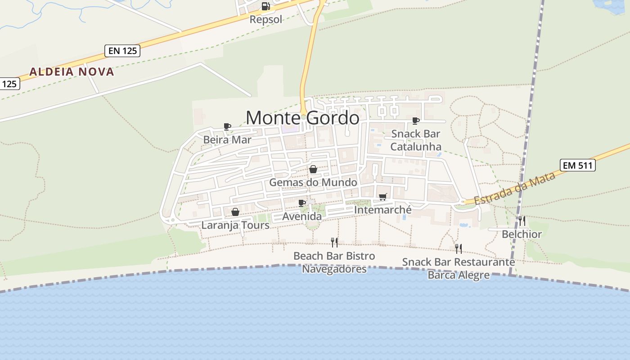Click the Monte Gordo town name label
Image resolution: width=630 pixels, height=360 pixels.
pos(302,118)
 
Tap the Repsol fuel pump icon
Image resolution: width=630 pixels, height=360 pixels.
pos(266,6)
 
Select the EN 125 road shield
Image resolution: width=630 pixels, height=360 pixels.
pos(122,51)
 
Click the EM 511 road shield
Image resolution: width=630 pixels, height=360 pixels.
pos(578,166)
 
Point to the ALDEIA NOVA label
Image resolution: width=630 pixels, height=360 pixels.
pos(72,72)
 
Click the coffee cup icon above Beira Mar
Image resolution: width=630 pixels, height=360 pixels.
pos(227,127)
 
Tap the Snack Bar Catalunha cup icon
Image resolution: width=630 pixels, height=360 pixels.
pos(416,121)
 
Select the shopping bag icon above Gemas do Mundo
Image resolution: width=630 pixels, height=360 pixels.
pos(313,169)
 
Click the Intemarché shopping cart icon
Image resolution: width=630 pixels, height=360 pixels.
pos(383,197)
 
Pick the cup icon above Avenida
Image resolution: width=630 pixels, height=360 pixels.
pos(302,203)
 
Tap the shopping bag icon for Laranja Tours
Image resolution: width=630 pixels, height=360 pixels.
pos(235,211)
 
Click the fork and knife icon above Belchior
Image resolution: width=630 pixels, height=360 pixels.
pos(522,221)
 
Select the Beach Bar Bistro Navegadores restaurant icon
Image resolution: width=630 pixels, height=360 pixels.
pos(334,243)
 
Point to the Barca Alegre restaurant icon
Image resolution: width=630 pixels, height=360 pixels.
pos(459,248)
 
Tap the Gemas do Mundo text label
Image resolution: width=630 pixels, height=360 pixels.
pos(313,182)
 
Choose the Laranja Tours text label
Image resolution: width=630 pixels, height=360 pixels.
pos(235,225)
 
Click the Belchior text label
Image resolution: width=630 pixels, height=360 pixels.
pos(522,234)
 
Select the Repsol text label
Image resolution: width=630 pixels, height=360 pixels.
pos(266,19)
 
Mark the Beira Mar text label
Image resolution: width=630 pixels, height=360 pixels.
pos(227,139)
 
